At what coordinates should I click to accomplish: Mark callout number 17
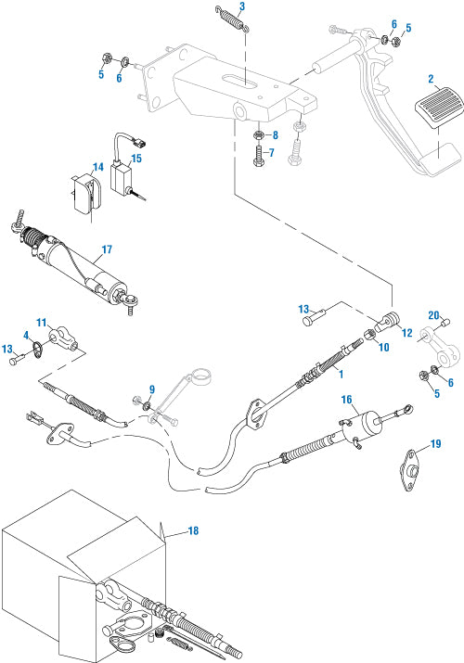pyautogui.click(x=106, y=249)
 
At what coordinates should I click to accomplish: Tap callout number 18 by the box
pyautogui.click(x=193, y=530)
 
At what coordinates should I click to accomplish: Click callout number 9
pyautogui.click(x=152, y=389)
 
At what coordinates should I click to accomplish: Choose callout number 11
pyautogui.click(x=41, y=320)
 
